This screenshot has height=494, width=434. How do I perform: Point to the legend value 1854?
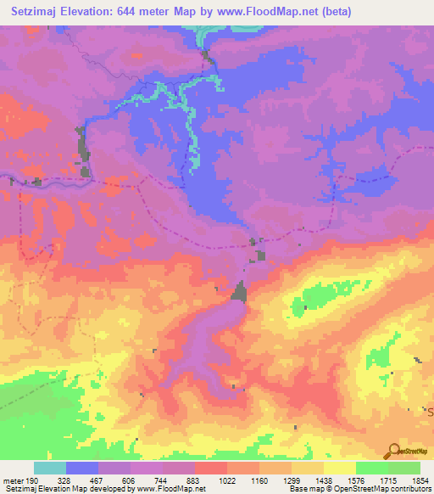coord(409,480)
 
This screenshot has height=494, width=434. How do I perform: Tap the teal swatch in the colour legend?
coord(50,468)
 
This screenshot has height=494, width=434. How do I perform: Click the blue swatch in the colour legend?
coord(82,468)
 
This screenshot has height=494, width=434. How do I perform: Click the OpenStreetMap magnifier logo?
coord(392,451)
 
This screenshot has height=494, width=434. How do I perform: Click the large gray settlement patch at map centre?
coord(240,292)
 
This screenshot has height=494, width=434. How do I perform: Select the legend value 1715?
coord(377,480)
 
